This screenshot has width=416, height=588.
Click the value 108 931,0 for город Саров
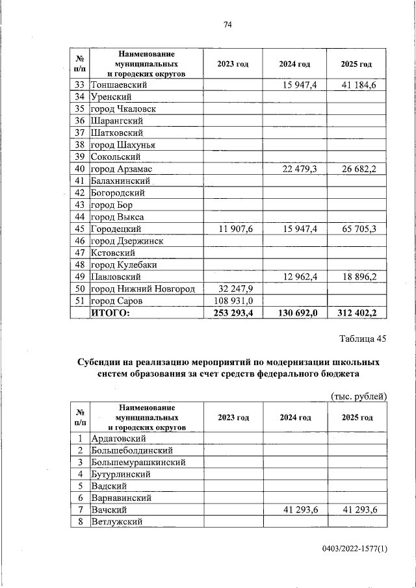234,301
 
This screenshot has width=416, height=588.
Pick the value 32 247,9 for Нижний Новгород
234,289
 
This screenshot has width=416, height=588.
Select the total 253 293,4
233,313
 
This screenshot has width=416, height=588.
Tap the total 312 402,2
357,313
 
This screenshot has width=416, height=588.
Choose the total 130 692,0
295,313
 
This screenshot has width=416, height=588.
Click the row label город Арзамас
122,169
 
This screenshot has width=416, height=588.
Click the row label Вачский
109,509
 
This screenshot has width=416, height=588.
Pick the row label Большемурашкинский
138,462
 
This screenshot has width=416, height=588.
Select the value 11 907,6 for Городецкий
234,229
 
